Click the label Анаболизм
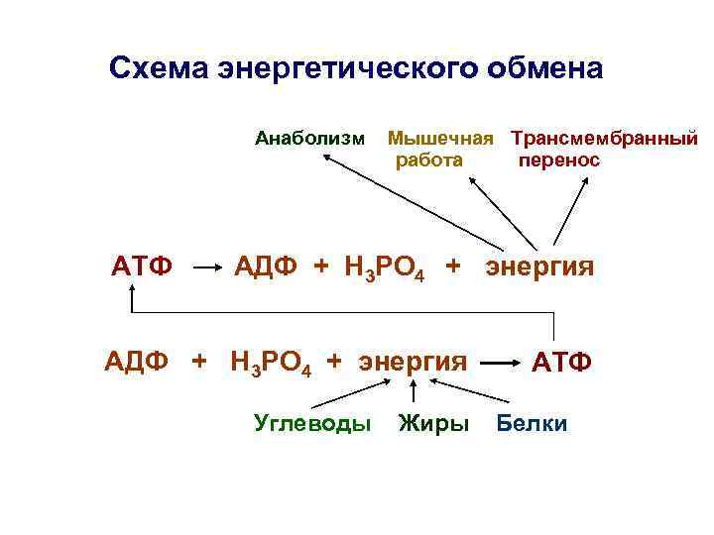click(309, 137)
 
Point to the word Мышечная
click(440, 137)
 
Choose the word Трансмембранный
click(604, 137)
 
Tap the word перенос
click(559, 160)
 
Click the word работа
click(428, 160)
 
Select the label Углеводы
click(312, 423)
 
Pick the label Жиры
click(433, 423)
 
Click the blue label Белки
click(533, 423)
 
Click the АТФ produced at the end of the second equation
click(562, 362)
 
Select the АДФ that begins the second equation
click(138, 360)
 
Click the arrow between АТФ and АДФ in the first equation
click(204, 267)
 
